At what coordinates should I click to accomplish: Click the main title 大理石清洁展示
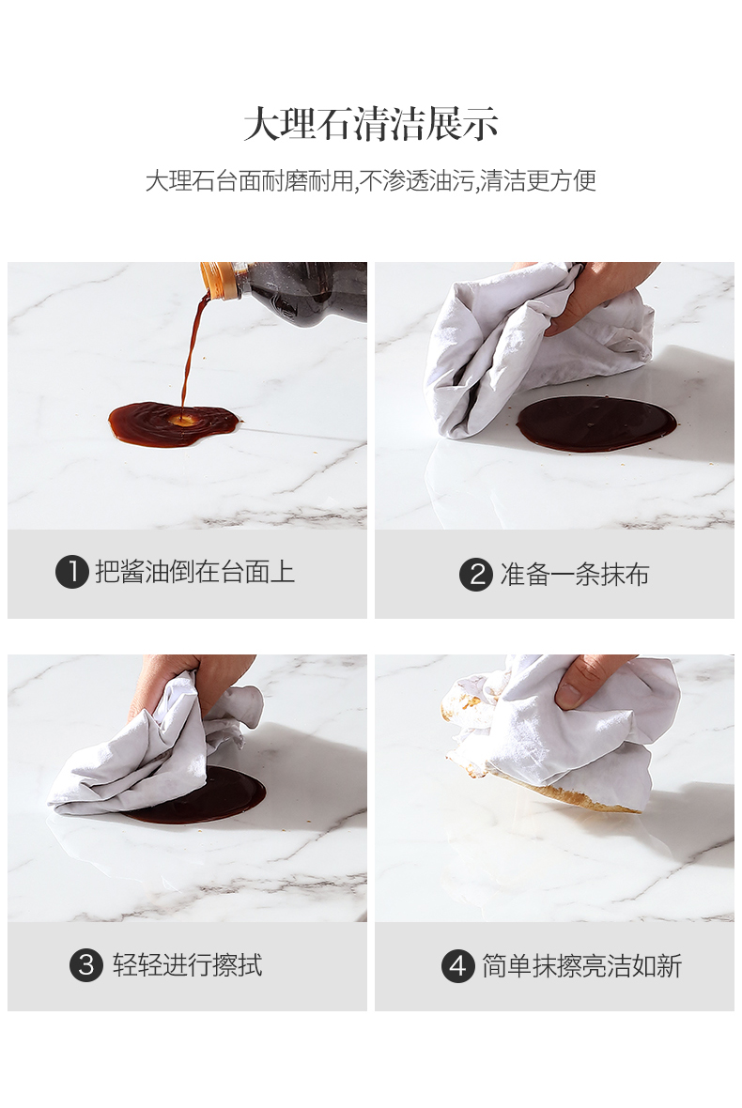pos(371,125)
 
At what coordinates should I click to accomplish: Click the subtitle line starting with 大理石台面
pos(371,181)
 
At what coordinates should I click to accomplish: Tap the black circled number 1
pos(71,572)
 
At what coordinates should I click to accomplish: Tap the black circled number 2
pos(475,575)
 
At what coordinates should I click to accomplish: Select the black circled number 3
pos(85,964)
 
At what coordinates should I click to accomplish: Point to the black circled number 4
pos(457,965)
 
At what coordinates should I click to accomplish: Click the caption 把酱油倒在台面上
pos(195,572)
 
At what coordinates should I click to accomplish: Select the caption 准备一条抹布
pos(575,575)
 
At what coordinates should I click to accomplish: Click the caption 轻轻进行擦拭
pos(187,964)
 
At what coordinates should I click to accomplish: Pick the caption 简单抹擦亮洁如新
pos(581,965)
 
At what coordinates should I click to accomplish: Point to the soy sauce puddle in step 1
pos(173,424)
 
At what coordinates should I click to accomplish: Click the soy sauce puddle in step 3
pos(212,798)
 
